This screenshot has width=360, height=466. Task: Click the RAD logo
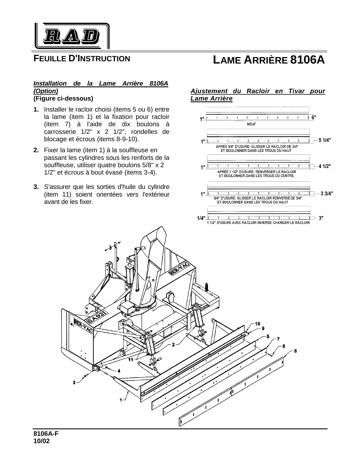pyautogui.click(x=72, y=36)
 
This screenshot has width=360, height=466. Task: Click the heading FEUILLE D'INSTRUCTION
pyautogui.click(x=82, y=59)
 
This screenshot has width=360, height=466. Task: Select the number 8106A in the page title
pyautogui.click(x=307, y=60)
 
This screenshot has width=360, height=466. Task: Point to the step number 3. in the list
pyautogui.click(x=36, y=187)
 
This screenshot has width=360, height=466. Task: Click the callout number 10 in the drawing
pyautogui.click(x=258, y=323)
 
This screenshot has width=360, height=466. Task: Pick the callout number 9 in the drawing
pyautogui.click(x=263, y=328)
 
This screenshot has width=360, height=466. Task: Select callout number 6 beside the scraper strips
pyautogui.click(x=295, y=351)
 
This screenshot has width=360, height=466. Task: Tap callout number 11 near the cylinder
pyautogui.click(x=130, y=360)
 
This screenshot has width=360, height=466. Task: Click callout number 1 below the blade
pyautogui.click(x=121, y=400)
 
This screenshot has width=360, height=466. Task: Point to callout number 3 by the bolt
pyautogui.click(x=74, y=382)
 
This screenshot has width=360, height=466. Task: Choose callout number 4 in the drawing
pyautogui.click(x=119, y=371)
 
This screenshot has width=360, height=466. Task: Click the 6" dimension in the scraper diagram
pyautogui.click(x=314, y=117)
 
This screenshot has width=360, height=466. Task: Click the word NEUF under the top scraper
pyautogui.click(x=251, y=124)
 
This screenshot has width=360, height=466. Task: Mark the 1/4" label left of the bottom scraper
pyautogui.click(x=201, y=218)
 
